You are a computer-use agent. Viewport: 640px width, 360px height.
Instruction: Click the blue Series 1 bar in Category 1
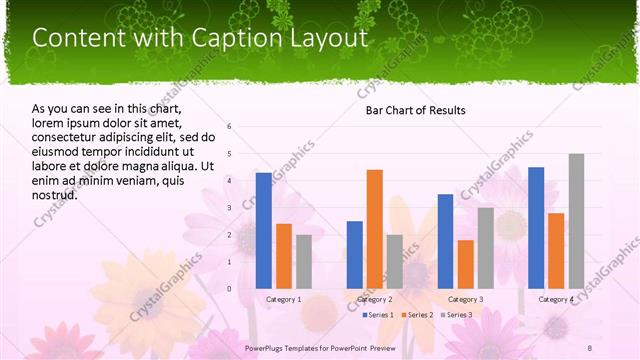[x=264, y=230]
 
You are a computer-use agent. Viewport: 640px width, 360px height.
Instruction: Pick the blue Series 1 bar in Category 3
[x=445, y=241]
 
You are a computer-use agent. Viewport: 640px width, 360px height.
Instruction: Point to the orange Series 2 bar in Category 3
[x=465, y=264]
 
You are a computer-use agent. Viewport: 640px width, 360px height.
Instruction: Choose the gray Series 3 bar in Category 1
[x=304, y=261]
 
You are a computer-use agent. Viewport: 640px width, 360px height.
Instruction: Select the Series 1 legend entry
[x=378, y=315]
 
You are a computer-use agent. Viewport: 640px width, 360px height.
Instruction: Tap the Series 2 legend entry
[x=418, y=315]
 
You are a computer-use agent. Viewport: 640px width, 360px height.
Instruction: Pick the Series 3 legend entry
[x=457, y=315]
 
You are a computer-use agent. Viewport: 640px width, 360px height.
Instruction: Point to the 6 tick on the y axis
[x=230, y=126]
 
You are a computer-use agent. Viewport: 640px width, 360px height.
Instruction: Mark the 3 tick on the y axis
[x=230, y=208]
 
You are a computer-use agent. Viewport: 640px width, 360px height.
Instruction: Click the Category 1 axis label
[x=284, y=299]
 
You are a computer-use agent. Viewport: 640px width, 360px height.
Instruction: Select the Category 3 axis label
[x=465, y=299]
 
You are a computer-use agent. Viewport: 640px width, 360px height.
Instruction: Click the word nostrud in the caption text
[x=56, y=195]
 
